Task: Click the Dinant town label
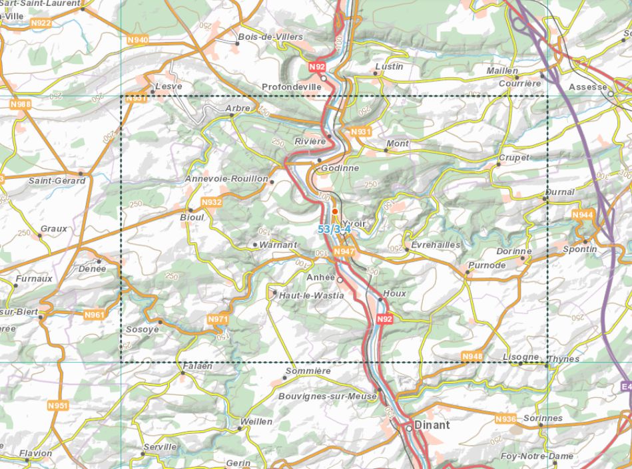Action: (x=432, y=425)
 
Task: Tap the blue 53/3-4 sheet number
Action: (x=334, y=229)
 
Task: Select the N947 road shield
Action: (x=344, y=251)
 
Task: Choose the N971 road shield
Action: (x=218, y=319)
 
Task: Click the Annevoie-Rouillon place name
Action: (x=226, y=179)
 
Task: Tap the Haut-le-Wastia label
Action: (x=311, y=295)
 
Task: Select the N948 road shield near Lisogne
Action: (x=472, y=357)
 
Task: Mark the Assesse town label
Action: (x=588, y=87)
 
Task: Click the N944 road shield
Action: (x=582, y=215)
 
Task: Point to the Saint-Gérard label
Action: (x=57, y=181)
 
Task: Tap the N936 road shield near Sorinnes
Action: (x=505, y=419)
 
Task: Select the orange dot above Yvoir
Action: (x=335, y=211)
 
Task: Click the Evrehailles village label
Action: (x=436, y=245)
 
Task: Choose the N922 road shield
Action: (x=41, y=23)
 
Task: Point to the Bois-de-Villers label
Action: (x=270, y=37)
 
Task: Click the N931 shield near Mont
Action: (x=360, y=132)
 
